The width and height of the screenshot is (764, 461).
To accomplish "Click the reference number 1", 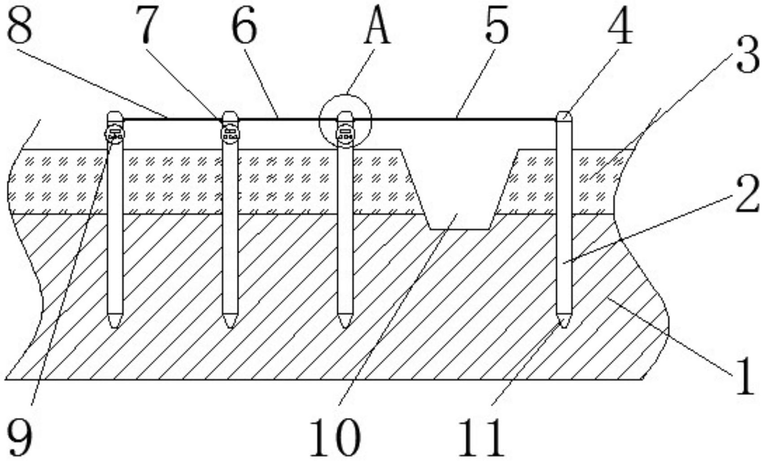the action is pos(745,376).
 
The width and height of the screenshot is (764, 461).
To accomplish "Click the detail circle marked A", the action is pos(345,121).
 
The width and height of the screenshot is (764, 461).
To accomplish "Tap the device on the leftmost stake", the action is pos(115,134).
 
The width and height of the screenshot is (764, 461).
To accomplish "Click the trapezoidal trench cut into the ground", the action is pos(460,189).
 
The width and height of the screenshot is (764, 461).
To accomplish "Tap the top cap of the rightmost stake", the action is pos(564,116).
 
